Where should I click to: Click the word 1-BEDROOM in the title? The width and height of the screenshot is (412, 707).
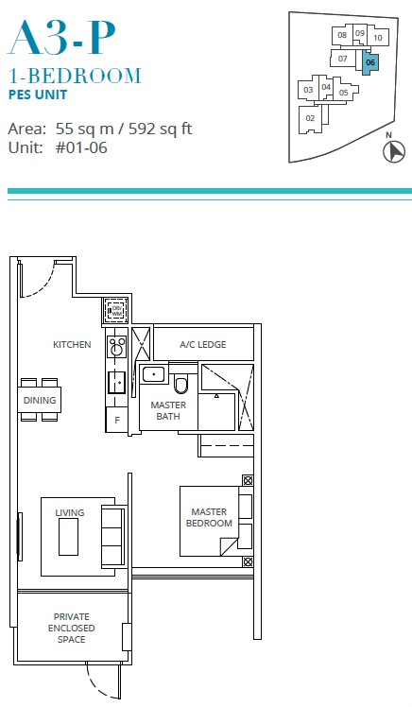coord(75,77)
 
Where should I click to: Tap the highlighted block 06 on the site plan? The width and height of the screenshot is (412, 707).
coord(369,61)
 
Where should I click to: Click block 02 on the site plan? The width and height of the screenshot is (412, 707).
coord(310,118)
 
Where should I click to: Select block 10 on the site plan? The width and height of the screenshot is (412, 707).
coord(377,38)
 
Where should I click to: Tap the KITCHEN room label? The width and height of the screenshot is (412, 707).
coord(72,345)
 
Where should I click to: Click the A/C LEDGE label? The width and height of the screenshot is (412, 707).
coord(203,345)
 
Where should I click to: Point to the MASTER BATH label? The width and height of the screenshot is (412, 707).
coord(168,410)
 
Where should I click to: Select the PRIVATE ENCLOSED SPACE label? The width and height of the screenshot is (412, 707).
coord(71,629)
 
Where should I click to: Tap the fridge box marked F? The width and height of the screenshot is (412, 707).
coord(116,419)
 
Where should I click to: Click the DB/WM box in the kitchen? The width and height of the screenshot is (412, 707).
coord(116,311)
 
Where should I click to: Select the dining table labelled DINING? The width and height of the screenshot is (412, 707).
coord(40,400)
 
